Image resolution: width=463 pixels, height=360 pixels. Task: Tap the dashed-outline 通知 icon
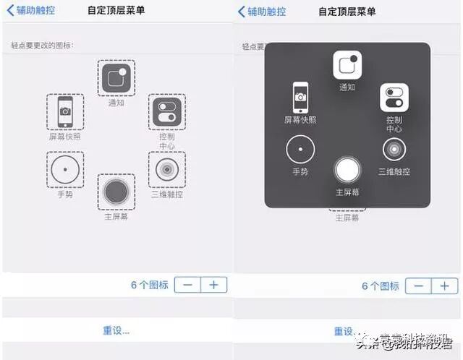[116, 78]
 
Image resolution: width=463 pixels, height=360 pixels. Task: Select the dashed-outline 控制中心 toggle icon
[166, 112]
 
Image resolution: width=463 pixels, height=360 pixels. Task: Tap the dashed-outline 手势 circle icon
[65, 170]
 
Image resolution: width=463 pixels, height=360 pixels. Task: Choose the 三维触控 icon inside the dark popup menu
[394, 149]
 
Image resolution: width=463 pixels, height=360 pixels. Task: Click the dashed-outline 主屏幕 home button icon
[116, 192]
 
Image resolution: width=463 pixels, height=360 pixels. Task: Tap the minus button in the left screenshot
[188, 285]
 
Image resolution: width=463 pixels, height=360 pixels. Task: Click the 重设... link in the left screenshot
[116, 330]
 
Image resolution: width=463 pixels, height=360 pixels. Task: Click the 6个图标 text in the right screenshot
[381, 286]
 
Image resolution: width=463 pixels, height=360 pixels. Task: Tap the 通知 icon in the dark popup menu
[347, 65]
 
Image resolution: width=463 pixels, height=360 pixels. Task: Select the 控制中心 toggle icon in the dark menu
[394, 98]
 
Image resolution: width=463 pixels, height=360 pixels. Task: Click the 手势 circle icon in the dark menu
[300, 150]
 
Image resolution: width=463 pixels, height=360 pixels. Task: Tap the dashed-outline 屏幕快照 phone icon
[65, 111]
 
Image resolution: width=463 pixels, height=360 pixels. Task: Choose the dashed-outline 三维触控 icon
[166, 170]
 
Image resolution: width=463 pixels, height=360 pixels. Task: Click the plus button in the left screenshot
[214, 285]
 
